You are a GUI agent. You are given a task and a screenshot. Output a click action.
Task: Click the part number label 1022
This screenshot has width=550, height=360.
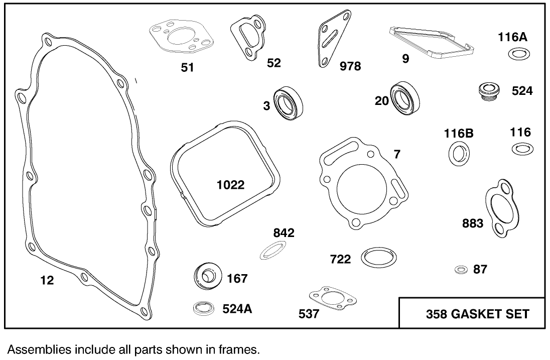click(x=230, y=185)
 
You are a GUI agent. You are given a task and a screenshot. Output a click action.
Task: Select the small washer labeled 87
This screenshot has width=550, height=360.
click(x=461, y=270)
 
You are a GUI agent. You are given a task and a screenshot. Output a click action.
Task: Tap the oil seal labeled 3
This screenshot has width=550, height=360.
click(x=289, y=103)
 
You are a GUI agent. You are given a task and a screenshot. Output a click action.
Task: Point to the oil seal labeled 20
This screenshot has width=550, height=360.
click(x=405, y=98)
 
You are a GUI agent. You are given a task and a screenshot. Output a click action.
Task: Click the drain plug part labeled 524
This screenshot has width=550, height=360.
click(x=489, y=91)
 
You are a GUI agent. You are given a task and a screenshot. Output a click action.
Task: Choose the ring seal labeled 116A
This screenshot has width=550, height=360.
click(x=519, y=54)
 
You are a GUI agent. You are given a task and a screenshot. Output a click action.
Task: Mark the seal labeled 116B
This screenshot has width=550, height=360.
click(x=459, y=153)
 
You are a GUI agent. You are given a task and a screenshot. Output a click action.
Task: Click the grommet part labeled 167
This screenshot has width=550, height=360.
click(x=207, y=276)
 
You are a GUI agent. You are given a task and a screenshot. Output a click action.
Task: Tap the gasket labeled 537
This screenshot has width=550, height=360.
click(x=333, y=298)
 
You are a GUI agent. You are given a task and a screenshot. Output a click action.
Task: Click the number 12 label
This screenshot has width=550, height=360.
click(x=47, y=280)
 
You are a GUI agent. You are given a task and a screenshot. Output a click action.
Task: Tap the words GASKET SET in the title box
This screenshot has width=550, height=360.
click(x=490, y=314)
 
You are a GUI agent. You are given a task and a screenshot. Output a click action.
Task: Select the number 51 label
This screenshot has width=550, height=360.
click(x=187, y=67)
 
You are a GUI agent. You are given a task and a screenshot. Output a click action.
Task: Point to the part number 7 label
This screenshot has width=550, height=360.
click(x=397, y=154)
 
